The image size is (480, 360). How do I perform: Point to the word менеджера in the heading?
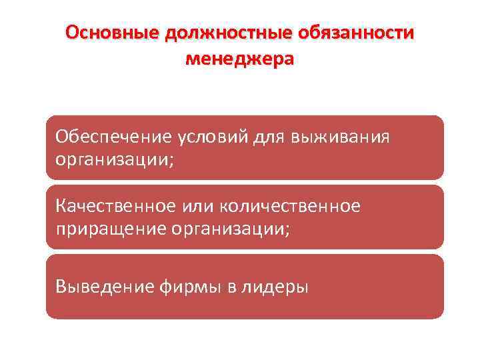[x=239, y=59]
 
